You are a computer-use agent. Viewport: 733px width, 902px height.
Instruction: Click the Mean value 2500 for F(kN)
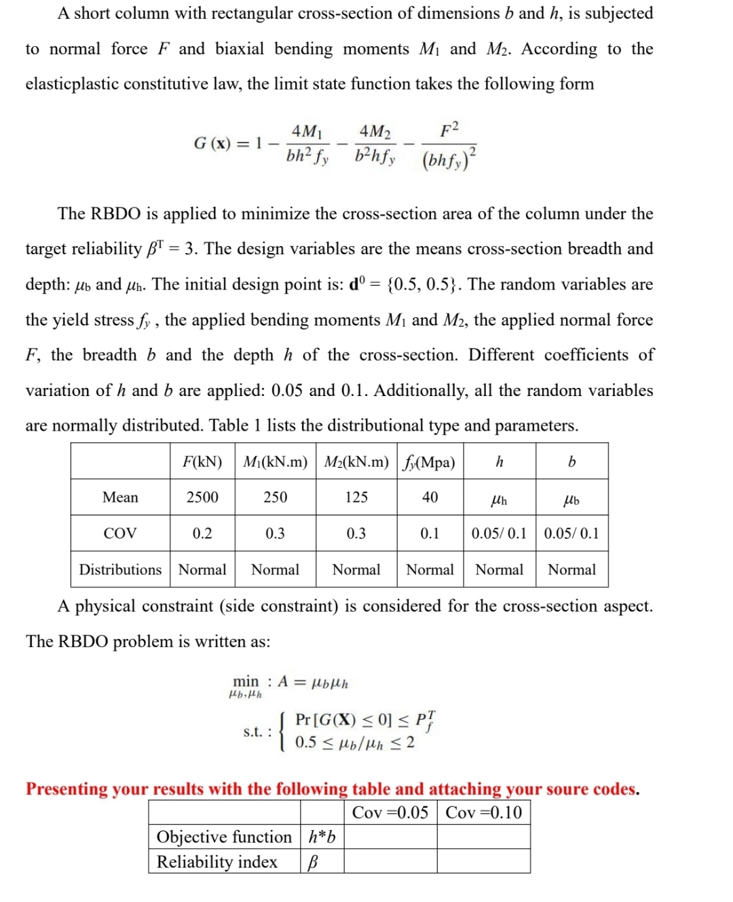coord(202,497)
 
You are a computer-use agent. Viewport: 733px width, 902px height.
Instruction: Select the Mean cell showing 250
coord(275,497)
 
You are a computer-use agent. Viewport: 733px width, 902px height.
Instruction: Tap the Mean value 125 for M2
coord(356,497)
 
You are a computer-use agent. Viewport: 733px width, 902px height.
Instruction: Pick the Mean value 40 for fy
coord(430,497)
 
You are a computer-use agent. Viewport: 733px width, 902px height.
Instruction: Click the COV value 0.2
coord(202,533)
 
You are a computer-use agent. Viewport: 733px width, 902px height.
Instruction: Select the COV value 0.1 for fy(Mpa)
coord(430,533)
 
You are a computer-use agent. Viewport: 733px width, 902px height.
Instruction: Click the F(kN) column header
coord(202,462)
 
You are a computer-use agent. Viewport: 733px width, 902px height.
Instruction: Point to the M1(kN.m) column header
coord(275,462)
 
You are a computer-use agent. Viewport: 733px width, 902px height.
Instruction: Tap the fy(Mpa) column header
coord(430,462)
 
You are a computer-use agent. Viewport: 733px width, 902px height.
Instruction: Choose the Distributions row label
coord(120,570)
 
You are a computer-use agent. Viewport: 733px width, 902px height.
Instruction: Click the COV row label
coord(120,533)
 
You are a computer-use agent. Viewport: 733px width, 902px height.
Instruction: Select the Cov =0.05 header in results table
coord(390,812)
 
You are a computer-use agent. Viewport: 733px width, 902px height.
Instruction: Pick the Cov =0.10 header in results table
coord(484,812)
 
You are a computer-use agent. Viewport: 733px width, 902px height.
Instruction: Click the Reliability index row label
coord(217,862)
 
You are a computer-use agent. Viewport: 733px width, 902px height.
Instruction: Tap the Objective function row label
coord(224,837)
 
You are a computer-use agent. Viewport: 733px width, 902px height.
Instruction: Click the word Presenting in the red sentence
coord(67,789)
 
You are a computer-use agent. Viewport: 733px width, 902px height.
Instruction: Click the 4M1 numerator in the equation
coord(307,131)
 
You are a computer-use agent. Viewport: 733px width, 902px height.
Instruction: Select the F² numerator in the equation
coord(449,130)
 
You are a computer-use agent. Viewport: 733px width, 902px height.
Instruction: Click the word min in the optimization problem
coord(246,681)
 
